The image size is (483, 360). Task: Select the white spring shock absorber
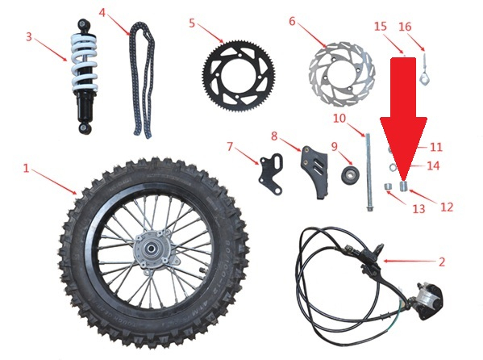[85, 77]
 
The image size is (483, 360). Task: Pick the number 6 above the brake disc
[292, 21]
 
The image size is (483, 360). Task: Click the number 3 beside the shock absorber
[29, 37]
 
